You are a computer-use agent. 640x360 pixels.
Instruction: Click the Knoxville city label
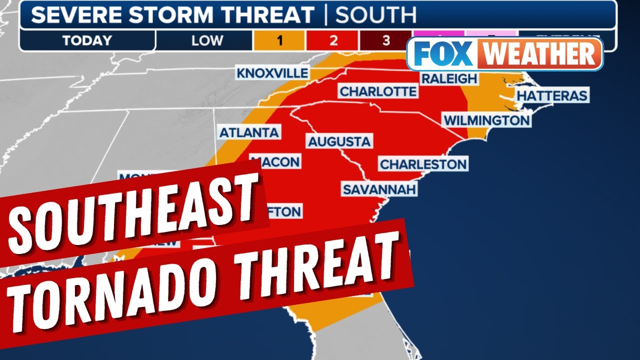[x=272, y=73]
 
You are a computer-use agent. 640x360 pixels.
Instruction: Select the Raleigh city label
[x=449, y=79]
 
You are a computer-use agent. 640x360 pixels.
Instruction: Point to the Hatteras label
[x=551, y=95]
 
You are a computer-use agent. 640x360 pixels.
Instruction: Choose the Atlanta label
[x=249, y=132]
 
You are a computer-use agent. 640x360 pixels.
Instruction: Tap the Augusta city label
[x=339, y=141]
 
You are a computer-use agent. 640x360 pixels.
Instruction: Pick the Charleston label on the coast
[x=423, y=164]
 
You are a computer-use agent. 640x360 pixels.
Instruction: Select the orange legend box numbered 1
[x=279, y=40]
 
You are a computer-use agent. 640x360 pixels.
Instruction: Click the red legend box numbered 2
[x=333, y=40]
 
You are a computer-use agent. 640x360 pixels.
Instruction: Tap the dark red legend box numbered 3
[x=385, y=40]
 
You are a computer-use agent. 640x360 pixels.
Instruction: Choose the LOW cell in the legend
[x=206, y=40]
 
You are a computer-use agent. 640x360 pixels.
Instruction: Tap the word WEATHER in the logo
[x=538, y=54]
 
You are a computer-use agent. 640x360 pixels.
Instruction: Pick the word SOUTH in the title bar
[x=375, y=15]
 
